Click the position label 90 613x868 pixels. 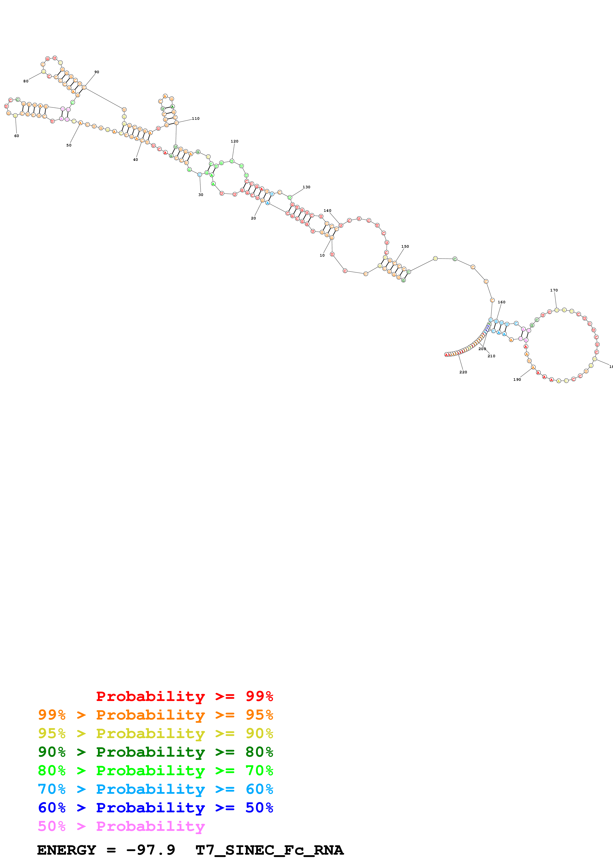tap(97, 72)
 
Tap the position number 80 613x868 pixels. tap(26, 81)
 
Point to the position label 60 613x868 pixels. tap(17, 136)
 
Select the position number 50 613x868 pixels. tap(69, 145)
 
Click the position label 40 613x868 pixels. tap(135, 160)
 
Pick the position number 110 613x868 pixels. tap(195, 118)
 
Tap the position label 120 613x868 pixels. tap(234, 141)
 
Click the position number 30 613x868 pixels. tap(201, 195)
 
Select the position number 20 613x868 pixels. tap(253, 218)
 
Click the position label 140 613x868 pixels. tap(327, 211)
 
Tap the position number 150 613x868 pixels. tap(405, 246)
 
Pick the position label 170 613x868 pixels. tap(554, 290)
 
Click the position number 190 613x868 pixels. tap(517, 380)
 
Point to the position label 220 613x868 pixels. tap(463, 372)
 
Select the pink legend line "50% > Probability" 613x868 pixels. tap(121, 826)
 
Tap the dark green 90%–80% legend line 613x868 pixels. tap(155, 752)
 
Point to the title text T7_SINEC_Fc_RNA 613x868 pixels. tap(269, 850)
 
